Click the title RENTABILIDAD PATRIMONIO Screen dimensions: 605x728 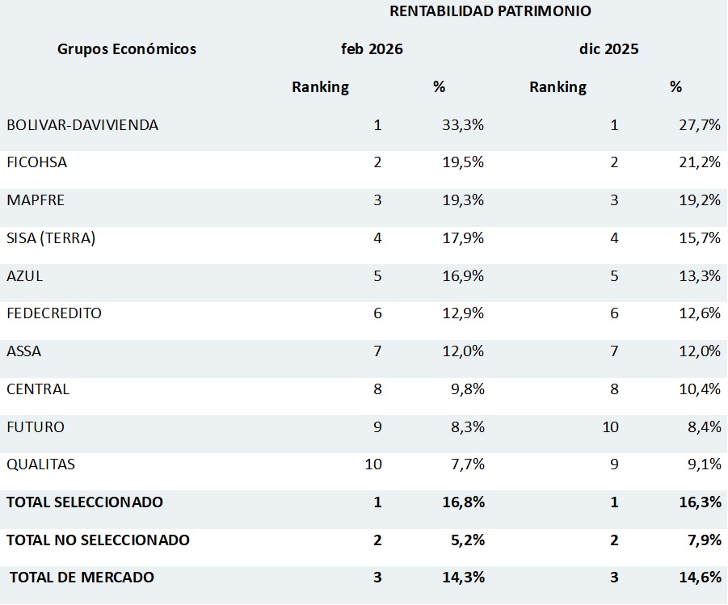(490, 11)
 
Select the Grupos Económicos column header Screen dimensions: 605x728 (127, 49)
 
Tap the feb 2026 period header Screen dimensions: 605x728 (372, 49)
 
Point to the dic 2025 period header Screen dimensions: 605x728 (608, 49)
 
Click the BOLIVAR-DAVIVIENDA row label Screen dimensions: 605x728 (82, 125)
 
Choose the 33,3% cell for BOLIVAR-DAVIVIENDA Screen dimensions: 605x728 (463, 125)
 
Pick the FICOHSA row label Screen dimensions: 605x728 (37, 162)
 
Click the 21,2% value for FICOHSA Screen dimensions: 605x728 (700, 162)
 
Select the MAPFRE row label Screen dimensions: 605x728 (36, 200)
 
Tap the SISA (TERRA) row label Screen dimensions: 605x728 (51, 238)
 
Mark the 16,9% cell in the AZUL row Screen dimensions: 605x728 (463, 276)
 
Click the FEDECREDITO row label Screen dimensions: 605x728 (54, 313)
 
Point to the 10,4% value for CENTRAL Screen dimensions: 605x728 (700, 389)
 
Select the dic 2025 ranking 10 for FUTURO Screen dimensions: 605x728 (610, 427)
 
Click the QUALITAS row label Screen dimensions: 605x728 (41, 464)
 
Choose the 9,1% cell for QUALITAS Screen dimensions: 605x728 (703, 464)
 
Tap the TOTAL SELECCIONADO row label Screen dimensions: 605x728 (85, 502)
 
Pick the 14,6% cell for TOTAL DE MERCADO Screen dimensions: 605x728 (700, 578)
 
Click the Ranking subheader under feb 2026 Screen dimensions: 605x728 (320, 87)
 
